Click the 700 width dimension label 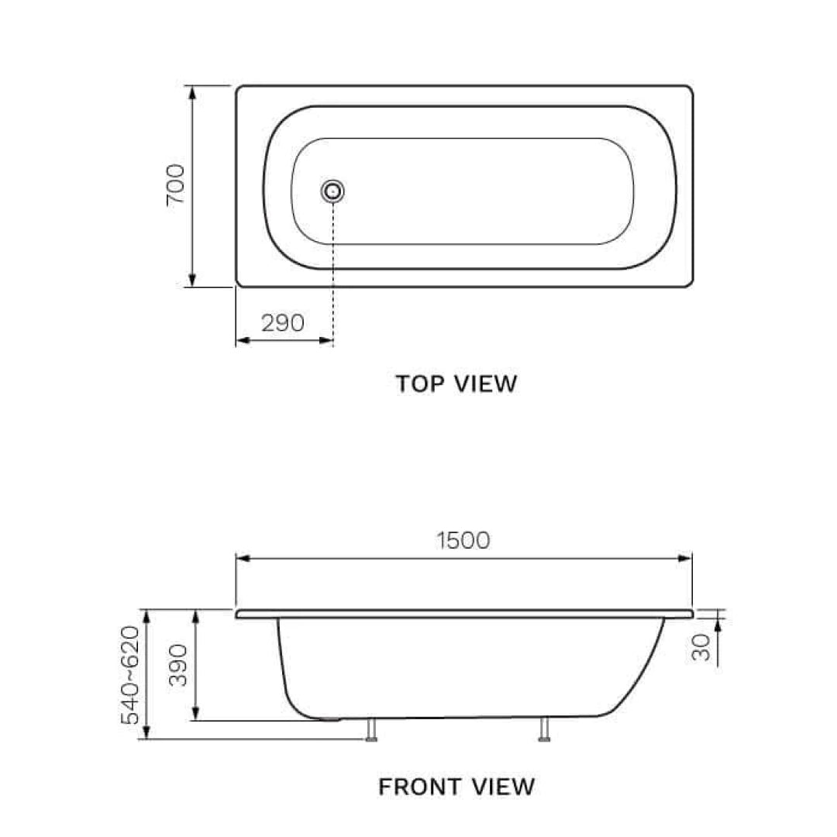click(x=176, y=184)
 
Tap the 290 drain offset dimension click(x=282, y=322)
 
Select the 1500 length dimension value click(x=463, y=540)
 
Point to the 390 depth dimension click(x=179, y=665)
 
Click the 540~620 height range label click(x=131, y=674)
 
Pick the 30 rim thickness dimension click(x=701, y=646)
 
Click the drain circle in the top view click(x=333, y=190)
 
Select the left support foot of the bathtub click(x=372, y=730)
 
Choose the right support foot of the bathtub click(x=544, y=730)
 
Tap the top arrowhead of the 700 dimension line click(x=193, y=91)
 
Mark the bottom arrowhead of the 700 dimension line click(x=193, y=281)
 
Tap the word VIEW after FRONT click(x=504, y=787)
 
